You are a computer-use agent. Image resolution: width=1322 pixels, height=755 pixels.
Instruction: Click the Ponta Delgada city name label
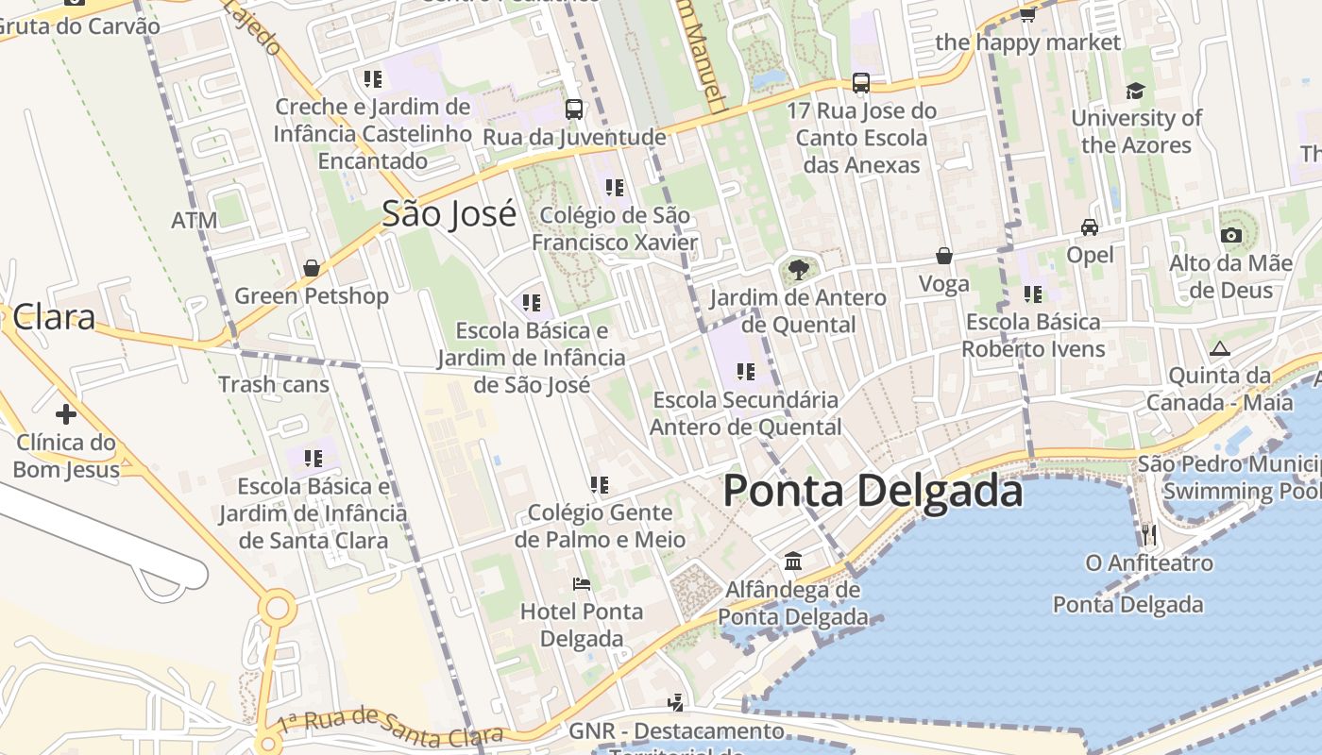click(x=873, y=492)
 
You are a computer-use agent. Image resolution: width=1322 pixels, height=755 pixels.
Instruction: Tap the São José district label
click(x=449, y=213)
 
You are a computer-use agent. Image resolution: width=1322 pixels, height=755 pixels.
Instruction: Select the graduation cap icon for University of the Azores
click(x=1135, y=91)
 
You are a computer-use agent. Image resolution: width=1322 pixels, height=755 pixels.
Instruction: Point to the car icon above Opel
click(x=1090, y=227)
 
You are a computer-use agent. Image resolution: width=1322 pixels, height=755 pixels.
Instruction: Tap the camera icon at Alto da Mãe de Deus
click(x=1230, y=235)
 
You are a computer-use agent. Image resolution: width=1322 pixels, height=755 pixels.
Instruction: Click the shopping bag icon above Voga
click(x=943, y=256)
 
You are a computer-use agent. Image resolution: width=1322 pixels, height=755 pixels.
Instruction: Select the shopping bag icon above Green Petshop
click(x=312, y=268)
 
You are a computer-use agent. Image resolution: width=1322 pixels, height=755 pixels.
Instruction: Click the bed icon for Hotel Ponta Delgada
click(x=582, y=584)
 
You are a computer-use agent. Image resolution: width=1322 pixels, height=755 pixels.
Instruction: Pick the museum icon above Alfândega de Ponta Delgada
click(x=793, y=562)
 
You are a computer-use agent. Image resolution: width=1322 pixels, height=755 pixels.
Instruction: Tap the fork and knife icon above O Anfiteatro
click(x=1148, y=535)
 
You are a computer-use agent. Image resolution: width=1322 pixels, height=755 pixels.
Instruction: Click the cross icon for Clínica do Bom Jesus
click(x=65, y=413)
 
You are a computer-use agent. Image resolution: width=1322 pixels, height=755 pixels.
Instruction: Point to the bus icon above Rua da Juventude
click(x=573, y=109)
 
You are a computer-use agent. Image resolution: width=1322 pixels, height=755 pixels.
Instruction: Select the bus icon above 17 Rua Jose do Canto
click(x=860, y=83)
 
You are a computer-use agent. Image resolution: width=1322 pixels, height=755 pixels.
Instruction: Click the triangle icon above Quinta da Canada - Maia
click(x=1219, y=348)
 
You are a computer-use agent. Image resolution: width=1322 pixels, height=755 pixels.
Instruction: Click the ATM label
click(x=195, y=221)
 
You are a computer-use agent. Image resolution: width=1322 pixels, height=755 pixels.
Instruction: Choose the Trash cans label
click(x=274, y=384)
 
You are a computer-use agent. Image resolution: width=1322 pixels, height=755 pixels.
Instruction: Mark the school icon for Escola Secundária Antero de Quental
click(x=746, y=372)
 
